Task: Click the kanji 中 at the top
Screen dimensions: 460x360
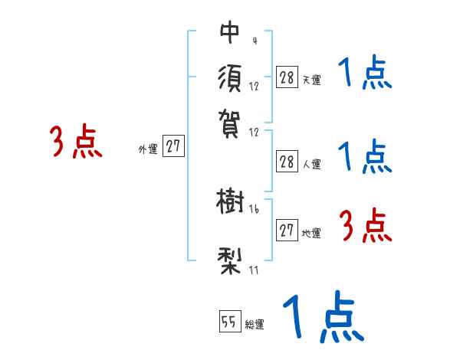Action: coord(230,32)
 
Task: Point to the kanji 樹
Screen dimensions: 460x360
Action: coord(230,203)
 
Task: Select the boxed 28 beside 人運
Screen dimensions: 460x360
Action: coord(287,162)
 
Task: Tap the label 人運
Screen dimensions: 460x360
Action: coord(311,163)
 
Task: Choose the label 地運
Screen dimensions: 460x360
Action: coord(311,233)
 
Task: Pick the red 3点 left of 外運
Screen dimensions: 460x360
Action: coord(77,142)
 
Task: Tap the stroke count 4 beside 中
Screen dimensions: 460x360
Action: coord(254,41)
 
